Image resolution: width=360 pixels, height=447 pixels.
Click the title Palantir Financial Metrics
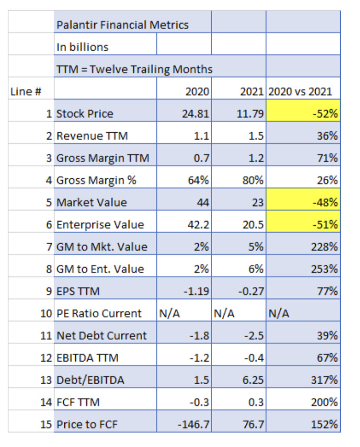click(x=122, y=24)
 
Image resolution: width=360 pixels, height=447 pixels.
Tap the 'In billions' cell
click(x=83, y=47)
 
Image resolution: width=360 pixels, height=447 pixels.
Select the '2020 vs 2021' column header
click(x=303, y=92)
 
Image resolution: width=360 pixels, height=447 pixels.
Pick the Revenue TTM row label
click(x=92, y=136)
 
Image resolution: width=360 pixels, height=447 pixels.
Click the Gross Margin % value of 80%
click(x=254, y=180)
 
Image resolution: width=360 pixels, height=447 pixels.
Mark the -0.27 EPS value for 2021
click(x=251, y=291)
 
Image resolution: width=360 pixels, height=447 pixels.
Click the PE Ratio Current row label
click(x=99, y=314)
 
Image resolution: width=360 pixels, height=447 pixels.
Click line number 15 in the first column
click(x=47, y=424)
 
